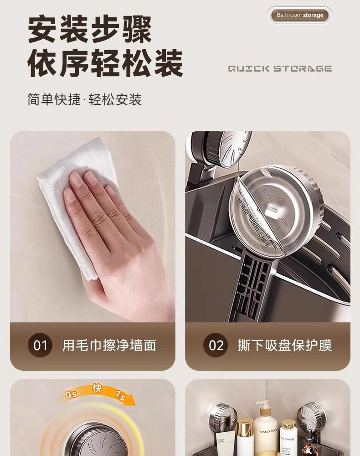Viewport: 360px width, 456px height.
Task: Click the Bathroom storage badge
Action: point(299,15)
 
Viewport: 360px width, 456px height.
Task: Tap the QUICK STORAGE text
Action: point(279,69)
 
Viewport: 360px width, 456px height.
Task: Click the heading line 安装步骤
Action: point(90,29)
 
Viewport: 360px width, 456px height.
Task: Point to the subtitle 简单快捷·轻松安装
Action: point(85,99)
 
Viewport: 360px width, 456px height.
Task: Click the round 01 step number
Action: point(41,345)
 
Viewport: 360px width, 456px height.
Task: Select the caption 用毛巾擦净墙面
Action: point(109,345)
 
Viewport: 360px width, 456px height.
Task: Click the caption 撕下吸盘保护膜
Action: point(284,345)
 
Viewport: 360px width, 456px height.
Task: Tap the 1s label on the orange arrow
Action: point(119,397)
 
